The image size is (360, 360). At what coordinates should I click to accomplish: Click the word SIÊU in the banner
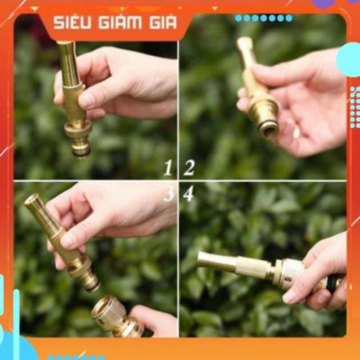coord(73,22)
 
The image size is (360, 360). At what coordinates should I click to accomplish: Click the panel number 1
coord(167,167)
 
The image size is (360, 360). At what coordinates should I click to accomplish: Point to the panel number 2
coord(189,167)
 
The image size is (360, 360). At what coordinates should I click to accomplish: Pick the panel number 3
coord(168,193)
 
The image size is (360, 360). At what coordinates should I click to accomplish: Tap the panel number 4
coord(188,193)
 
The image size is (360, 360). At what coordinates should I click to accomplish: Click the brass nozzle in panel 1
coord(75,99)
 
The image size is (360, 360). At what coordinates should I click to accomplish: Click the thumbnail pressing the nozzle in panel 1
coord(87,99)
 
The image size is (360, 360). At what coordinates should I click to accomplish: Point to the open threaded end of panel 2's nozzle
coord(268,128)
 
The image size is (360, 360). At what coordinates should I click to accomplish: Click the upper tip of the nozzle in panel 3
coord(31,202)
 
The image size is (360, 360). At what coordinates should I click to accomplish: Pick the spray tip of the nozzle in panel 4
coord(203,260)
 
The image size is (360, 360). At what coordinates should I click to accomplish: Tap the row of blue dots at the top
coord(263,18)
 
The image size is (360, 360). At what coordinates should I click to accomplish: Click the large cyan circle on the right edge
coord(349,59)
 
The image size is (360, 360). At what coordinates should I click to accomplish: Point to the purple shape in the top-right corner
coord(324,4)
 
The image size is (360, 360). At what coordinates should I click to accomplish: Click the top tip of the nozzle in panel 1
coord(65,45)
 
